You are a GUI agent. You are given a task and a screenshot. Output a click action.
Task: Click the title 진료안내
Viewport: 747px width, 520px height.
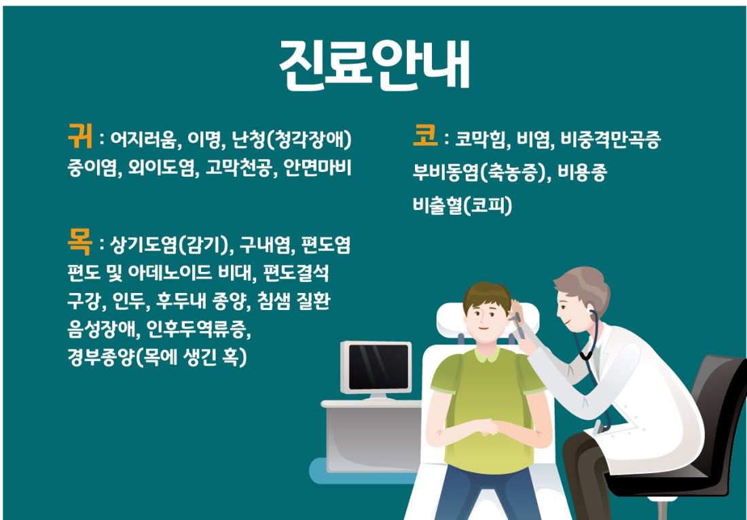click(374, 65)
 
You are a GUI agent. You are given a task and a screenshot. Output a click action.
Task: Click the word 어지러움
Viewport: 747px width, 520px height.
click(143, 139)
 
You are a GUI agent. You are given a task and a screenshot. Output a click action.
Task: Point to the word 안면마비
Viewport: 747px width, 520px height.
click(317, 167)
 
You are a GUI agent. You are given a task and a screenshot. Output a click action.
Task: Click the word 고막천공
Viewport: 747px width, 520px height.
click(238, 167)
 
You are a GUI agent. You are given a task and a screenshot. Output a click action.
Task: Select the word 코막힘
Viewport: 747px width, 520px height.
click(480, 139)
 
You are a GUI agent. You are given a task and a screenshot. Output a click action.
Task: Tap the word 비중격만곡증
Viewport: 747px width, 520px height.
click(611, 139)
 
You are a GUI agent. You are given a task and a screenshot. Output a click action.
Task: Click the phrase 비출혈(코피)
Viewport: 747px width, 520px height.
click(462, 205)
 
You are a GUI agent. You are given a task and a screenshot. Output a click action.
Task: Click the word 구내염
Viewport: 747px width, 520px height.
click(264, 245)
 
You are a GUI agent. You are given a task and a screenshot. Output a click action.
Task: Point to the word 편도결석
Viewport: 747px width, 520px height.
click(296, 273)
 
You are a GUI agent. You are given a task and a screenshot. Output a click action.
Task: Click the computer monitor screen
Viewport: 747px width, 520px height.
click(379, 366)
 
